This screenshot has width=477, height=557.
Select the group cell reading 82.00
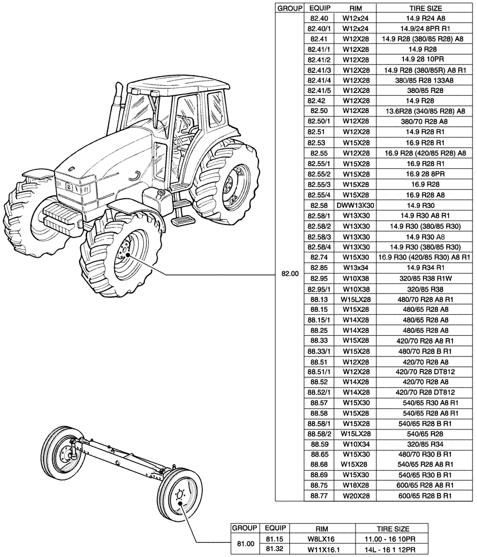click(290, 274)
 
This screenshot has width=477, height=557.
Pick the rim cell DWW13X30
click(356, 206)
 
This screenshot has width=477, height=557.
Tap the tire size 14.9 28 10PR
click(422, 60)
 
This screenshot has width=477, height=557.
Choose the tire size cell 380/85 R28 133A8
click(422, 80)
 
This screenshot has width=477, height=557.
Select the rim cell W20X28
click(356, 496)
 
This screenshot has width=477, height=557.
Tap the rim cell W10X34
click(356, 444)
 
